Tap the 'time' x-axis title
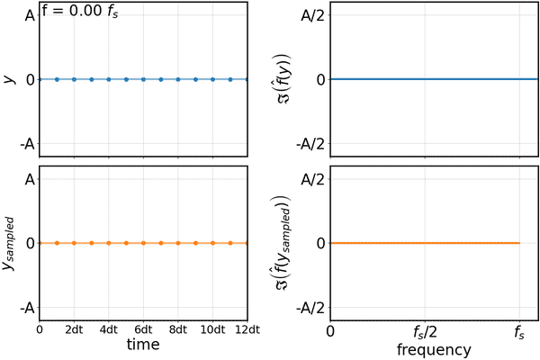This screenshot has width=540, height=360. [x=143, y=345]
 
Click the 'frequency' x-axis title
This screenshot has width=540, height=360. [x=426, y=348]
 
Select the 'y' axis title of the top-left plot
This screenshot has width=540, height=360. [x=10, y=79]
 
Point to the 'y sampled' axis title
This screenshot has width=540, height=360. [x=10, y=243]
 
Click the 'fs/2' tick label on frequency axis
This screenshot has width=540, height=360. [x=426, y=331]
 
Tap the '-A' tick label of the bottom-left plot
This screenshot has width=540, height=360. [x=26, y=307]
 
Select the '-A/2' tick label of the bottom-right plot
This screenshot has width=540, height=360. [x=310, y=307]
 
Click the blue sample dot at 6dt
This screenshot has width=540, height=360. [x=143, y=79]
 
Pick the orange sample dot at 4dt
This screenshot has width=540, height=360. [x=109, y=243]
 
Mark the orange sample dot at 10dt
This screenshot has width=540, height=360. [x=212, y=243]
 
